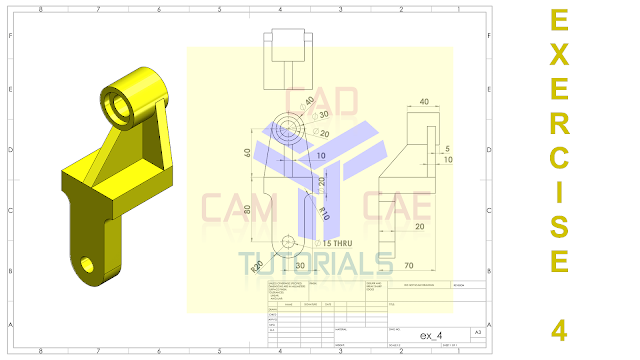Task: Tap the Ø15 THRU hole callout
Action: (x=334, y=243)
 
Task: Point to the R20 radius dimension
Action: (x=257, y=265)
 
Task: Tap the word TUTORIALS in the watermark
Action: (x=316, y=262)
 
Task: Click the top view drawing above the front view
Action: (x=288, y=50)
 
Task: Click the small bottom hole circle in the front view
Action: (x=290, y=241)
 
